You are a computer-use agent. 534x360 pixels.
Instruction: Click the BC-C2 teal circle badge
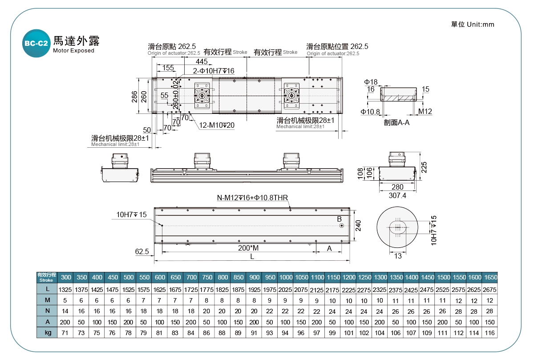coord(36,43)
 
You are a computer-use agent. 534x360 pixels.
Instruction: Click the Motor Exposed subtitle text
coord(73,51)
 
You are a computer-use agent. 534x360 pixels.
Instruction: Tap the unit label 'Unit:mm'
coord(481,24)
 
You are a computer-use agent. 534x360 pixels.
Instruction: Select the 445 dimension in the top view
coord(201,61)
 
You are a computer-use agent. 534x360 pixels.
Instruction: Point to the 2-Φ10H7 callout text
coord(214,71)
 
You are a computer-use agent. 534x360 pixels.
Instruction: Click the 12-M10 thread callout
coord(217,125)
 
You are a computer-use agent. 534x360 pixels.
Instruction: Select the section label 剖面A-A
coord(396,122)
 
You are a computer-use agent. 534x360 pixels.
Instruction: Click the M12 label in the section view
coord(425,111)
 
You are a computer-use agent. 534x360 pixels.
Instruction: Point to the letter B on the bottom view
coord(339,219)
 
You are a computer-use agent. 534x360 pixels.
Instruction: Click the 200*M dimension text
coord(248,248)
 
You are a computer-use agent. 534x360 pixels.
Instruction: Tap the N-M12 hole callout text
coord(252,198)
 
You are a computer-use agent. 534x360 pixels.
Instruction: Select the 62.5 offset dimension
coord(142,252)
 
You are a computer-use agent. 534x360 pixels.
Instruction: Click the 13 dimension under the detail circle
coord(397,255)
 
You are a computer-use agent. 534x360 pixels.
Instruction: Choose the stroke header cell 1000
coord(286,277)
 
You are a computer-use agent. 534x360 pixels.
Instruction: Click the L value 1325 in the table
coord(65,290)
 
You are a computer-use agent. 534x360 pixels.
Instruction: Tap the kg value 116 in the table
coord(489,333)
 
